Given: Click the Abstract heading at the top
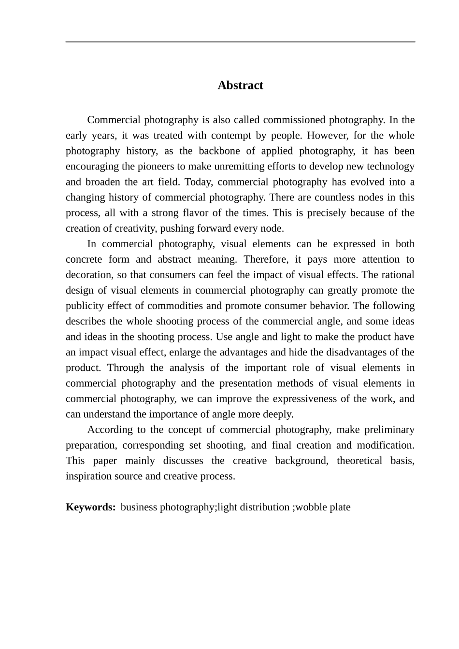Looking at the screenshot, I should (x=240, y=85).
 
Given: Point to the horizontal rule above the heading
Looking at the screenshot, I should (x=240, y=42).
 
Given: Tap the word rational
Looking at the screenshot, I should (x=397, y=275).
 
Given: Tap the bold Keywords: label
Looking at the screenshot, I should (x=90, y=507).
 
